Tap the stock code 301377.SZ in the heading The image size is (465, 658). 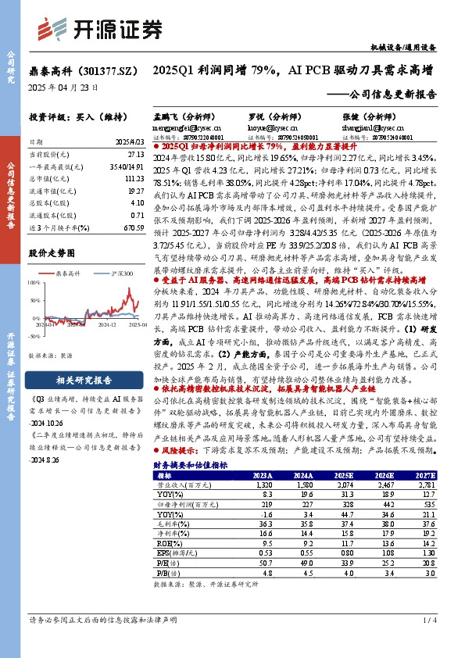(x=102, y=70)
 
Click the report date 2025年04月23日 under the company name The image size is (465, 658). (x=63, y=87)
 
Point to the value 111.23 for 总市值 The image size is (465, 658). (x=134, y=179)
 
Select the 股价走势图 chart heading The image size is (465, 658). (x=52, y=253)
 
